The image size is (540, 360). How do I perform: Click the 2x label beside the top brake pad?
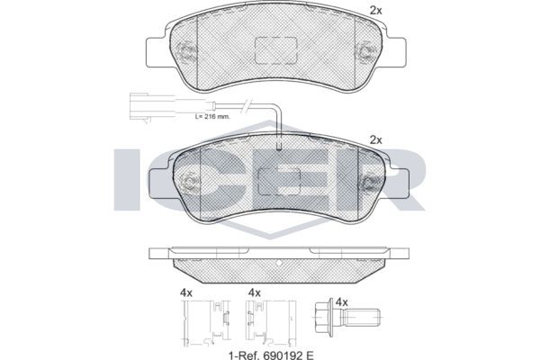coord(375,11)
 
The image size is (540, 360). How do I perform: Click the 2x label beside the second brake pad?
coord(375,140)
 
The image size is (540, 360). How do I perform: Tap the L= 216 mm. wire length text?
coord(212,116)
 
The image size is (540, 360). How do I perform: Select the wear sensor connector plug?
coord(139,106)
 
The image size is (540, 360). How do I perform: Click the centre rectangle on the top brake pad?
coord(276,50)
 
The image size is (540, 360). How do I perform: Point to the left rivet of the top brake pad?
coord(186,52)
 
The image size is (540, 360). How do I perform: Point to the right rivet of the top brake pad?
coord(365,52)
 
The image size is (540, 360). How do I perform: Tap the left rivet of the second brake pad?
coord(189,181)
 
